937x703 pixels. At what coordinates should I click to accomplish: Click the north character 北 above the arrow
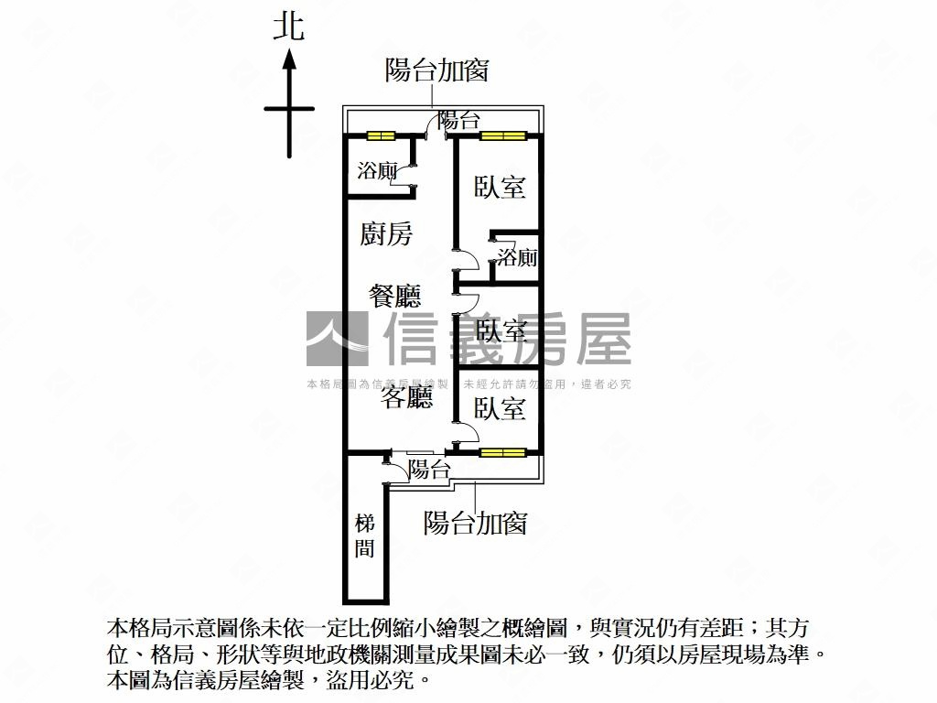pyautogui.click(x=289, y=27)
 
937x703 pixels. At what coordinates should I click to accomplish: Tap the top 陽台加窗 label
pyautogui.click(x=436, y=70)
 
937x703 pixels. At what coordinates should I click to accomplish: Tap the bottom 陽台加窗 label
pyautogui.click(x=475, y=523)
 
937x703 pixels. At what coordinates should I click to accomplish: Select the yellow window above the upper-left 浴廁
pyautogui.click(x=381, y=135)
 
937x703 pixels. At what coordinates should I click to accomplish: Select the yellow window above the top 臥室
pyautogui.click(x=503, y=135)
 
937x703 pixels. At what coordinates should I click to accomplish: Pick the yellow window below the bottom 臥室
pyautogui.click(x=502, y=452)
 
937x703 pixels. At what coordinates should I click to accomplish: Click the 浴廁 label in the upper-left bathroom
pyautogui.click(x=377, y=171)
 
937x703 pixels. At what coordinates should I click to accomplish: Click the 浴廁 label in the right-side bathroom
pyautogui.click(x=518, y=257)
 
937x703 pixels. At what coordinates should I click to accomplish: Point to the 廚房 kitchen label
pyautogui.click(x=387, y=233)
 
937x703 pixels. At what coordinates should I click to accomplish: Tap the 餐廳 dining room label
pyautogui.click(x=394, y=296)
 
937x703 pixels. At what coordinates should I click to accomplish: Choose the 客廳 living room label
pyautogui.click(x=406, y=397)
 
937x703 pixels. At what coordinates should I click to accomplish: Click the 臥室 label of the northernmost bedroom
pyautogui.click(x=500, y=187)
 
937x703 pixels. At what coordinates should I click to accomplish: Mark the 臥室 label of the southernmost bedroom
pyautogui.click(x=500, y=408)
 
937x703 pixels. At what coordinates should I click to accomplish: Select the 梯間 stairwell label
pyautogui.click(x=364, y=535)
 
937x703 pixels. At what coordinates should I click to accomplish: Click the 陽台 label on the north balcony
pyautogui.click(x=459, y=120)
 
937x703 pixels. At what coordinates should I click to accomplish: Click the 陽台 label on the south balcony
pyautogui.click(x=429, y=469)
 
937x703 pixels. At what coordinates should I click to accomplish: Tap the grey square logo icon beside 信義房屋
pyautogui.click(x=337, y=339)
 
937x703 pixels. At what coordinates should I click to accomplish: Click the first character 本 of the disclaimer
pyautogui.click(x=118, y=628)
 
